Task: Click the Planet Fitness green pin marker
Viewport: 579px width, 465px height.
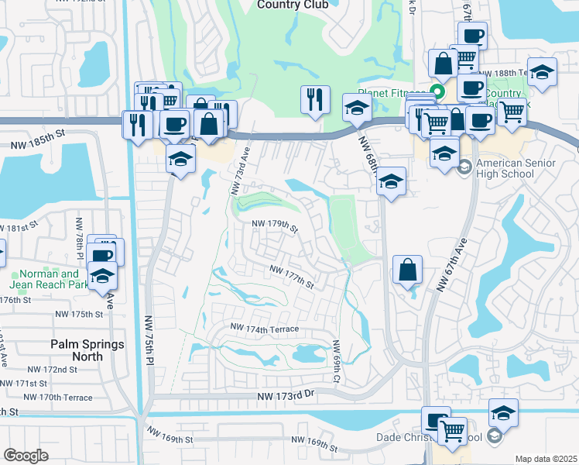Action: (x=437, y=91)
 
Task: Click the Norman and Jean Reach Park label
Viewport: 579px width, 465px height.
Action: (x=49, y=279)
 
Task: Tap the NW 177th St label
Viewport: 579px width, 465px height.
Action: (x=292, y=277)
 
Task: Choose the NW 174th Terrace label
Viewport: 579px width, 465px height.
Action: (x=262, y=329)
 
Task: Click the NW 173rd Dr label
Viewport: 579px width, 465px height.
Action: (x=289, y=395)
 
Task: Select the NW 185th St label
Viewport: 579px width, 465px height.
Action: (x=36, y=143)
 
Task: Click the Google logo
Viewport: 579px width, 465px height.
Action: (x=26, y=456)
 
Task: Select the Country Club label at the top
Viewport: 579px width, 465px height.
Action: (x=293, y=5)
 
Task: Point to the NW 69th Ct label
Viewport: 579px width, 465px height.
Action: (x=337, y=361)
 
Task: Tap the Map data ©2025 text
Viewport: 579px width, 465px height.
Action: (x=546, y=459)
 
